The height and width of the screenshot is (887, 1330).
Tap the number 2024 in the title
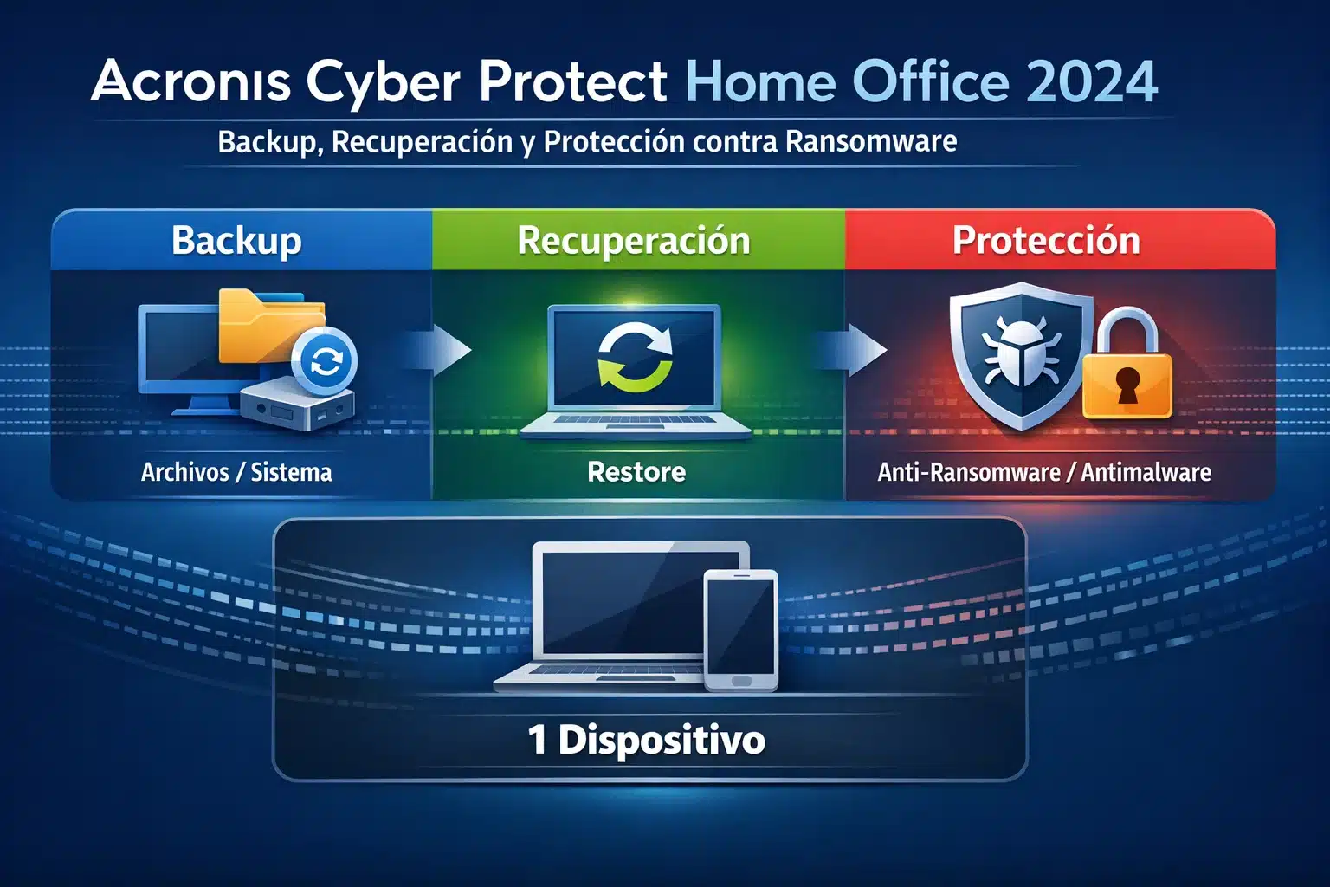(1092, 81)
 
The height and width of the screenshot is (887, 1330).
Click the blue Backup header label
(236, 240)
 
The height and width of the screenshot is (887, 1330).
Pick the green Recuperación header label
(634, 240)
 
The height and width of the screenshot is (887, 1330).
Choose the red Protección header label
(1046, 240)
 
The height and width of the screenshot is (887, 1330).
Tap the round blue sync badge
(326, 360)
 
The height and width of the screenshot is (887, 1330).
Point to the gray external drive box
(297, 405)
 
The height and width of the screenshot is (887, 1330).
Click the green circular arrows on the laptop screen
(636, 357)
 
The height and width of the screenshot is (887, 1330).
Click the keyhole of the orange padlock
(1127, 385)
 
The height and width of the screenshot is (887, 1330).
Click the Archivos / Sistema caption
(236, 472)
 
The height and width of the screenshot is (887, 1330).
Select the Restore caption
(636, 472)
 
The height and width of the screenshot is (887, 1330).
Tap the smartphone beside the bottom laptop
(740, 629)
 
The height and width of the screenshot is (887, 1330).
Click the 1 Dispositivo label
(647, 740)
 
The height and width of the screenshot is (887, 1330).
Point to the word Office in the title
(931, 81)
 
